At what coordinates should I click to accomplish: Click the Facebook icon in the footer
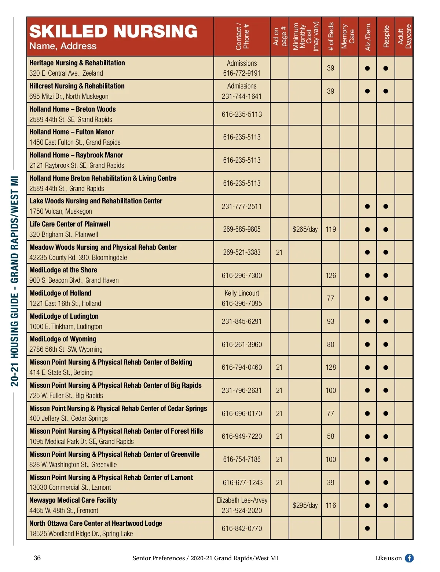tap(409, 558)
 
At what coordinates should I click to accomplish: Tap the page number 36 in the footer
tap(37, 558)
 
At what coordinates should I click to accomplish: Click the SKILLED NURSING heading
tap(113, 32)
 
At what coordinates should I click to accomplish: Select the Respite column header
tap(386, 36)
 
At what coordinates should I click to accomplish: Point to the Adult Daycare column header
tap(404, 36)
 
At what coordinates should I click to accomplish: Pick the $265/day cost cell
tap(305, 229)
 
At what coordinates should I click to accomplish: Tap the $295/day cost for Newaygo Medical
tap(305, 506)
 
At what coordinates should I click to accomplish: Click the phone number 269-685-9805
tap(242, 229)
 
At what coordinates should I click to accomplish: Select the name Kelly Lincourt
tap(242, 293)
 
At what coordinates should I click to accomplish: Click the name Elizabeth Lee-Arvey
tap(242, 500)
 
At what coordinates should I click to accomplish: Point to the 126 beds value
tap(330, 276)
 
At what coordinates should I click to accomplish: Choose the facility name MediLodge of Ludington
tap(64, 316)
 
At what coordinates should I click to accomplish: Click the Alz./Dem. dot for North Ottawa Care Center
tap(367, 529)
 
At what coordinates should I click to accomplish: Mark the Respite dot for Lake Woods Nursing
tap(385, 207)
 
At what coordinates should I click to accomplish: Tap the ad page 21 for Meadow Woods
tap(279, 253)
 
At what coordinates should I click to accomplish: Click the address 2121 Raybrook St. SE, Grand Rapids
tap(77, 166)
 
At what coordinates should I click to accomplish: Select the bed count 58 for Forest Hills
tap(330, 437)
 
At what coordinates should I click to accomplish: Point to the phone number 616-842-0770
tap(242, 529)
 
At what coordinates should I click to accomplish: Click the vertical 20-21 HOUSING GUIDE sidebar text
tap(14, 281)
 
